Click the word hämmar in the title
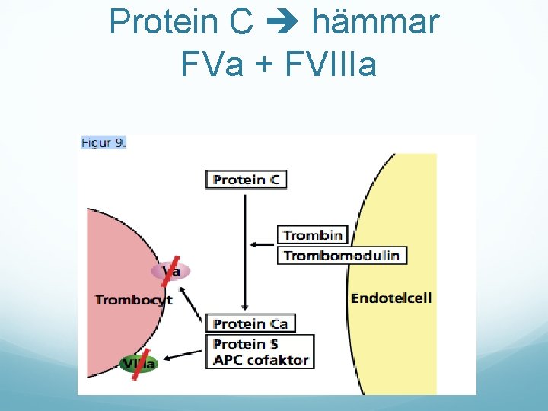tap(376, 22)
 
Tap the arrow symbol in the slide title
tap(282, 24)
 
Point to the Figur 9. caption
tap(104, 142)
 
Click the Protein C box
tap(247, 180)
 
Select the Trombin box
tap(313, 235)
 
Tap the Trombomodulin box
tap(341, 255)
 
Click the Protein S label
tap(245, 344)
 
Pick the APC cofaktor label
tap(260, 360)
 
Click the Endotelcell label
tap(391, 298)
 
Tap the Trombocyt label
tap(134, 300)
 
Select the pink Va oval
tap(170, 271)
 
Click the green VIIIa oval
tap(139, 363)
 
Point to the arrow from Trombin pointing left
tap(263, 244)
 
